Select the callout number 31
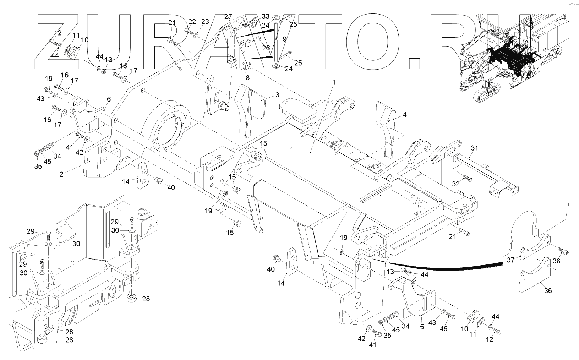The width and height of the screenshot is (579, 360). pyautogui.click(x=475, y=148)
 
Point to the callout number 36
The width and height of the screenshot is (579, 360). pyautogui.click(x=548, y=290)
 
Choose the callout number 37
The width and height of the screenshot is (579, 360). pyautogui.click(x=510, y=260)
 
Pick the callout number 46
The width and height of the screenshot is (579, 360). pyautogui.click(x=444, y=329)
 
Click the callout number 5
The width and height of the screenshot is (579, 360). pyautogui.click(x=422, y=327)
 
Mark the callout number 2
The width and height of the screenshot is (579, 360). pyautogui.click(x=61, y=175)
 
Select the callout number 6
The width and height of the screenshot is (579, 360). pyautogui.click(x=109, y=99)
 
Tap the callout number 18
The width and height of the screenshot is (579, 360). pyautogui.click(x=48, y=78)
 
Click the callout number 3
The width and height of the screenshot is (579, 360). pyautogui.click(x=277, y=95)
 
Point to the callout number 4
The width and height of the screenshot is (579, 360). pyautogui.click(x=405, y=115)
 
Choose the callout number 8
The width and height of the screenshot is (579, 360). pyautogui.click(x=247, y=77)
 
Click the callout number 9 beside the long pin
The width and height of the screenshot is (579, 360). pyautogui.click(x=284, y=39)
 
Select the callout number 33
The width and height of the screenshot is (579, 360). pyautogui.click(x=266, y=17)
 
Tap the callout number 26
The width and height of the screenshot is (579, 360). pyautogui.click(x=266, y=48)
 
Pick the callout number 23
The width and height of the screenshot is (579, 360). pyautogui.click(x=205, y=22)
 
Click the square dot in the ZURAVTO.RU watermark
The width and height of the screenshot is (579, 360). pyautogui.click(x=414, y=62)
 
